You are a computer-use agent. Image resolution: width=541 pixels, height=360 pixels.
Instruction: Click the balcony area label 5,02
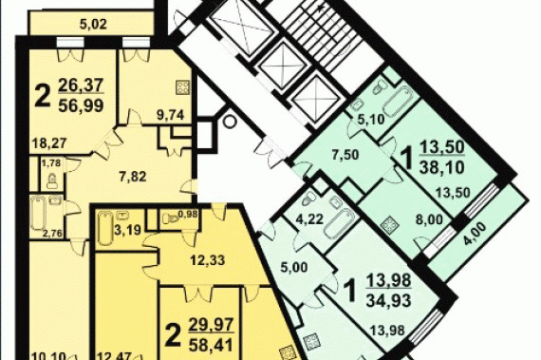point(93,25)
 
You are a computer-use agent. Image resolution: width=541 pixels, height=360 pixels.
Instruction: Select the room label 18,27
point(48,142)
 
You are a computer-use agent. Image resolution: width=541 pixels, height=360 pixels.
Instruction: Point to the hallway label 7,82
point(132,177)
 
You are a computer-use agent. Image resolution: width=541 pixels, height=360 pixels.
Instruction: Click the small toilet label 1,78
point(51,162)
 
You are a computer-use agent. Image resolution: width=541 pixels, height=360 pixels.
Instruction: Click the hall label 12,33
point(208,260)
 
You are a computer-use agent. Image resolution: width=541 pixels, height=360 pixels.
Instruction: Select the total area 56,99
point(81,104)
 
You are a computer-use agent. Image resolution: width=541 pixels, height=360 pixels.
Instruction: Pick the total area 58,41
point(211,345)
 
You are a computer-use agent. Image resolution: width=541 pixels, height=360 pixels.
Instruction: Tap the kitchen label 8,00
point(430,219)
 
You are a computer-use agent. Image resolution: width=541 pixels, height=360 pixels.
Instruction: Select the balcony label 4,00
point(475,234)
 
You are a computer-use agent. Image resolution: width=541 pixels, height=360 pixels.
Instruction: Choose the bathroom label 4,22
point(311,218)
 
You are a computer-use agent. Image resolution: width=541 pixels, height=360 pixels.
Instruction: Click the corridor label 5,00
point(294,267)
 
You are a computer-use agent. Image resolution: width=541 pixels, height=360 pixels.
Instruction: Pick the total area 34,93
point(388,300)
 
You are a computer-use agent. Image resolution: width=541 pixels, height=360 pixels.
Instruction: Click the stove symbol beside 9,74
point(182,87)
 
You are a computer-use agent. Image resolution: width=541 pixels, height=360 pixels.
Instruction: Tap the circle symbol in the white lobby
point(229,122)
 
